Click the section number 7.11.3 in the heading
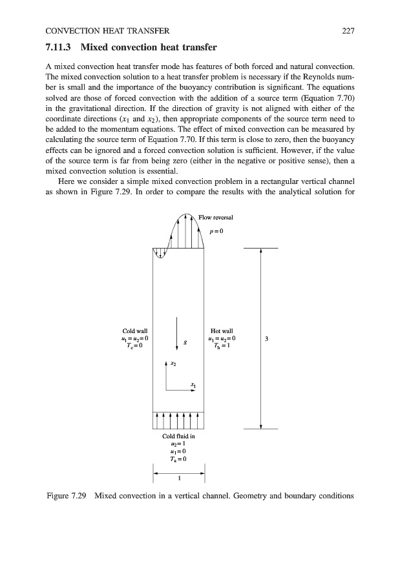[x=59, y=48]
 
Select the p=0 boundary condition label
[x=216, y=230]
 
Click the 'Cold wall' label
[x=134, y=331]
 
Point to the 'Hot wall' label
[x=222, y=331]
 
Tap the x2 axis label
[x=172, y=364]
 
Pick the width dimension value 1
[x=178, y=478]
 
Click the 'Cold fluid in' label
[x=178, y=436]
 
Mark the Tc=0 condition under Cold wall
[x=134, y=345]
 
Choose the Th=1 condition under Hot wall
[x=222, y=345]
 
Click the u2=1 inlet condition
[x=178, y=444]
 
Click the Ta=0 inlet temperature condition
[x=178, y=459]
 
